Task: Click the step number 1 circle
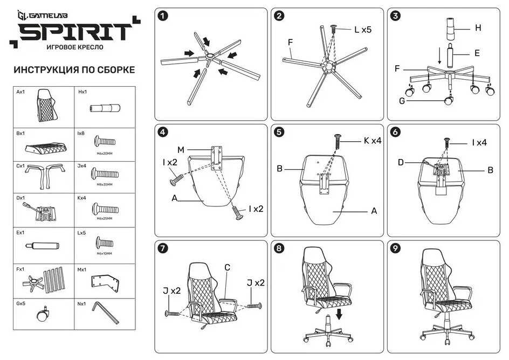pyautogui.click(x=163, y=16)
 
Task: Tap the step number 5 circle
pyautogui.click(x=279, y=131)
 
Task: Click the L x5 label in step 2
pyautogui.click(x=362, y=30)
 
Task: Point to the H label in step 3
pyautogui.click(x=477, y=27)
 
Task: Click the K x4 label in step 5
pyautogui.click(x=373, y=141)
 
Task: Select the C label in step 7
pyautogui.click(x=227, y=267)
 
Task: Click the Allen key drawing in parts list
pyautogui.click(x=106, y=312)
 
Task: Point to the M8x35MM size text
pyautogui.click(x=105, y=184)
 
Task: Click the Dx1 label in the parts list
pyautogui.click(x=20, y=198)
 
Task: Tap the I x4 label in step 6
pyautogui.click(x=479, y=143)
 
